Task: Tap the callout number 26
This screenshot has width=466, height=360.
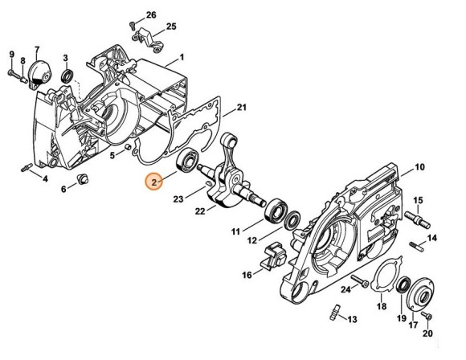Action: point(151,14)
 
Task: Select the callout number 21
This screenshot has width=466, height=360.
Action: point(241,108)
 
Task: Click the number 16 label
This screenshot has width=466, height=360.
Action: point(246,275)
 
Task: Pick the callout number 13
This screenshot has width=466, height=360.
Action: point(353,319)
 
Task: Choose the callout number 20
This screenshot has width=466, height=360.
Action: point(427,333)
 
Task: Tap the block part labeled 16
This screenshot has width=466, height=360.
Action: point(274,256)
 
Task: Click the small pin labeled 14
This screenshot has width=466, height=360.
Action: point(415,243)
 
